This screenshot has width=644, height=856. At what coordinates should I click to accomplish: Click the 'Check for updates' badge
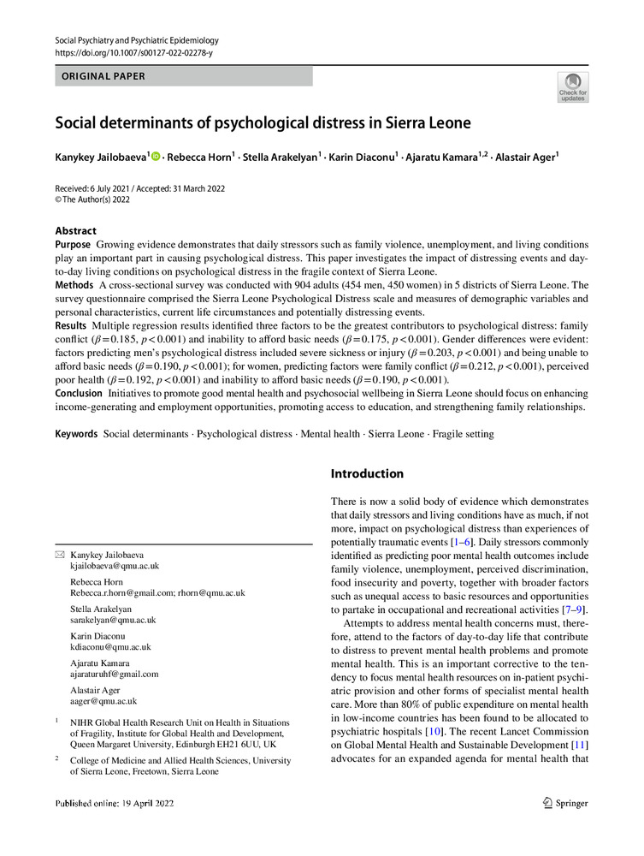click(x=572, y=87)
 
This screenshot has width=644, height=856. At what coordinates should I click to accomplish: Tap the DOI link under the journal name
click(x=133, y=53)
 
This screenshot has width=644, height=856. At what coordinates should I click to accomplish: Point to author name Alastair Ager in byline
click(x=523, y=158)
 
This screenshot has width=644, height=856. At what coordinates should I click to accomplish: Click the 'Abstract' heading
click(x=76, y=231)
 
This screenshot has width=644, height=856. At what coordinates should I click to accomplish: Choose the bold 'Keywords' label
click(x=77, y=434)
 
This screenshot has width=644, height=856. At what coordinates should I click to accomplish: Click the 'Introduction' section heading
click(x=367, y=473)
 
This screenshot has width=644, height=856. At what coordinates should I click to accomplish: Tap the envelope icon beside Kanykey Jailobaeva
click(x=60, y=555)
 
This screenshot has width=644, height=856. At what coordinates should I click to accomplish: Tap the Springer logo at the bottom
click(x=565, y=803)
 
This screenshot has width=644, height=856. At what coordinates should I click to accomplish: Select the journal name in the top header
click(x=137, y=40)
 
